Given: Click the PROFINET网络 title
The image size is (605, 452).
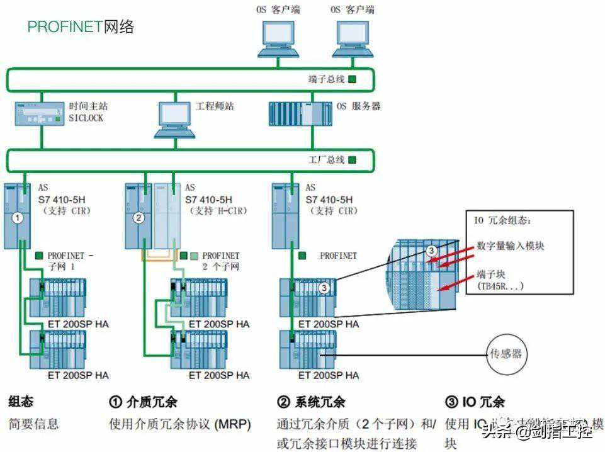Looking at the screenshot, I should [80, 27].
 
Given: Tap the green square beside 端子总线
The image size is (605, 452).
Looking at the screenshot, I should [353, 79].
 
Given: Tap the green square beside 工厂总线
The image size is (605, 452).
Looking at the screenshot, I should [352, 160].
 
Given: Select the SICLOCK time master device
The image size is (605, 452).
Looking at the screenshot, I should [38, 113].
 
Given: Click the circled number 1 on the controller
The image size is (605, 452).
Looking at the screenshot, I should [19, 218].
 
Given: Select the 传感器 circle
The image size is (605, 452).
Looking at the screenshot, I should [506, 354].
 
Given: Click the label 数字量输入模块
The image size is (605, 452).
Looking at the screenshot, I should [511, 246].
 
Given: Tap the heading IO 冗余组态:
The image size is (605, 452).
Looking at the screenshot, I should [502, 220].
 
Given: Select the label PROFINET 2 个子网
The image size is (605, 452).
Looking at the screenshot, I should [220, 261].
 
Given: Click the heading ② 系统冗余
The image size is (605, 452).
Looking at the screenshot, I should [311, 402].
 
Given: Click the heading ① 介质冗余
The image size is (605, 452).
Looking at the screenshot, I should [144, 402].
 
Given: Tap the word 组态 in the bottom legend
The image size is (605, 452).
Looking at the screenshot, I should [21, 402].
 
